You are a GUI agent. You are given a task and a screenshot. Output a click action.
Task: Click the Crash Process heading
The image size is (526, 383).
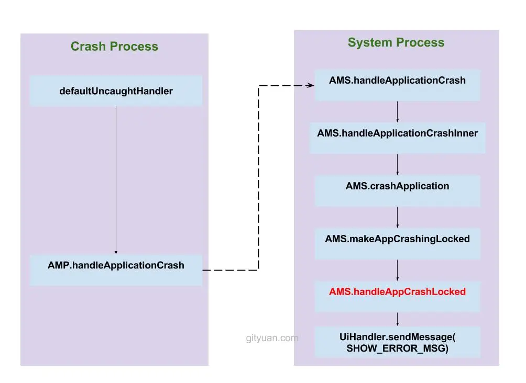[114, 47]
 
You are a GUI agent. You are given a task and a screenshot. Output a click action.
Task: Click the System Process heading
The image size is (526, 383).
[396, 43]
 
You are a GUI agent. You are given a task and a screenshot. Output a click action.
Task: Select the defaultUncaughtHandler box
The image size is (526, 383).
[116, 91]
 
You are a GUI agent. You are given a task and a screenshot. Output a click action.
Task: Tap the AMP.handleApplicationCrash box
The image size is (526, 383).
[116, 265]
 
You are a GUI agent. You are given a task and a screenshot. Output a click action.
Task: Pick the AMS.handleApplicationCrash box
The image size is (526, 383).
[397, 81]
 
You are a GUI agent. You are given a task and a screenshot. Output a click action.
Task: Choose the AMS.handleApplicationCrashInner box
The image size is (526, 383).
[397, 134]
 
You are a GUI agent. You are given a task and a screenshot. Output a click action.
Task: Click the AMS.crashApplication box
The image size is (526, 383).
[397, 187]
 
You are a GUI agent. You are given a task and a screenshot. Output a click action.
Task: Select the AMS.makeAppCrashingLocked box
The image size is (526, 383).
[397, 240]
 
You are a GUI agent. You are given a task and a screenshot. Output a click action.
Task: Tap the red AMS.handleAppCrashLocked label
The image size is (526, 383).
[397, 292]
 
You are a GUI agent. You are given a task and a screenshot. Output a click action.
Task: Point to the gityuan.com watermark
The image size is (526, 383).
[272, 338]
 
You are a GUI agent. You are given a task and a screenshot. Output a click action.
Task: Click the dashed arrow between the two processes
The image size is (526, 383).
[258, 178]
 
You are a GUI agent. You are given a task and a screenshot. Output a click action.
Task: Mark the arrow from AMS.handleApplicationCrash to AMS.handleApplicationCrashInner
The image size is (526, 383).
[397, 111]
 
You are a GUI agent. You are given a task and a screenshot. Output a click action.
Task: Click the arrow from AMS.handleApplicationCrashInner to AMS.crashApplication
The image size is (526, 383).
[397, 164]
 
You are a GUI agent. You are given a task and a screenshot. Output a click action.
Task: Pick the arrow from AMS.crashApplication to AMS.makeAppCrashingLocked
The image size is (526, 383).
[397, 217]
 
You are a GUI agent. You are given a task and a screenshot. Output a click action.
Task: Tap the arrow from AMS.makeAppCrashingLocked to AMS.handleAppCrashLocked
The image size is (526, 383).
[397, 270]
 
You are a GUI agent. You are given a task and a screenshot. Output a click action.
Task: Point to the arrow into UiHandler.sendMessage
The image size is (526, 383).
[397, 319]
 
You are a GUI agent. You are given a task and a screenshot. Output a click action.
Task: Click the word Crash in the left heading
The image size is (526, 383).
[88, 47]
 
